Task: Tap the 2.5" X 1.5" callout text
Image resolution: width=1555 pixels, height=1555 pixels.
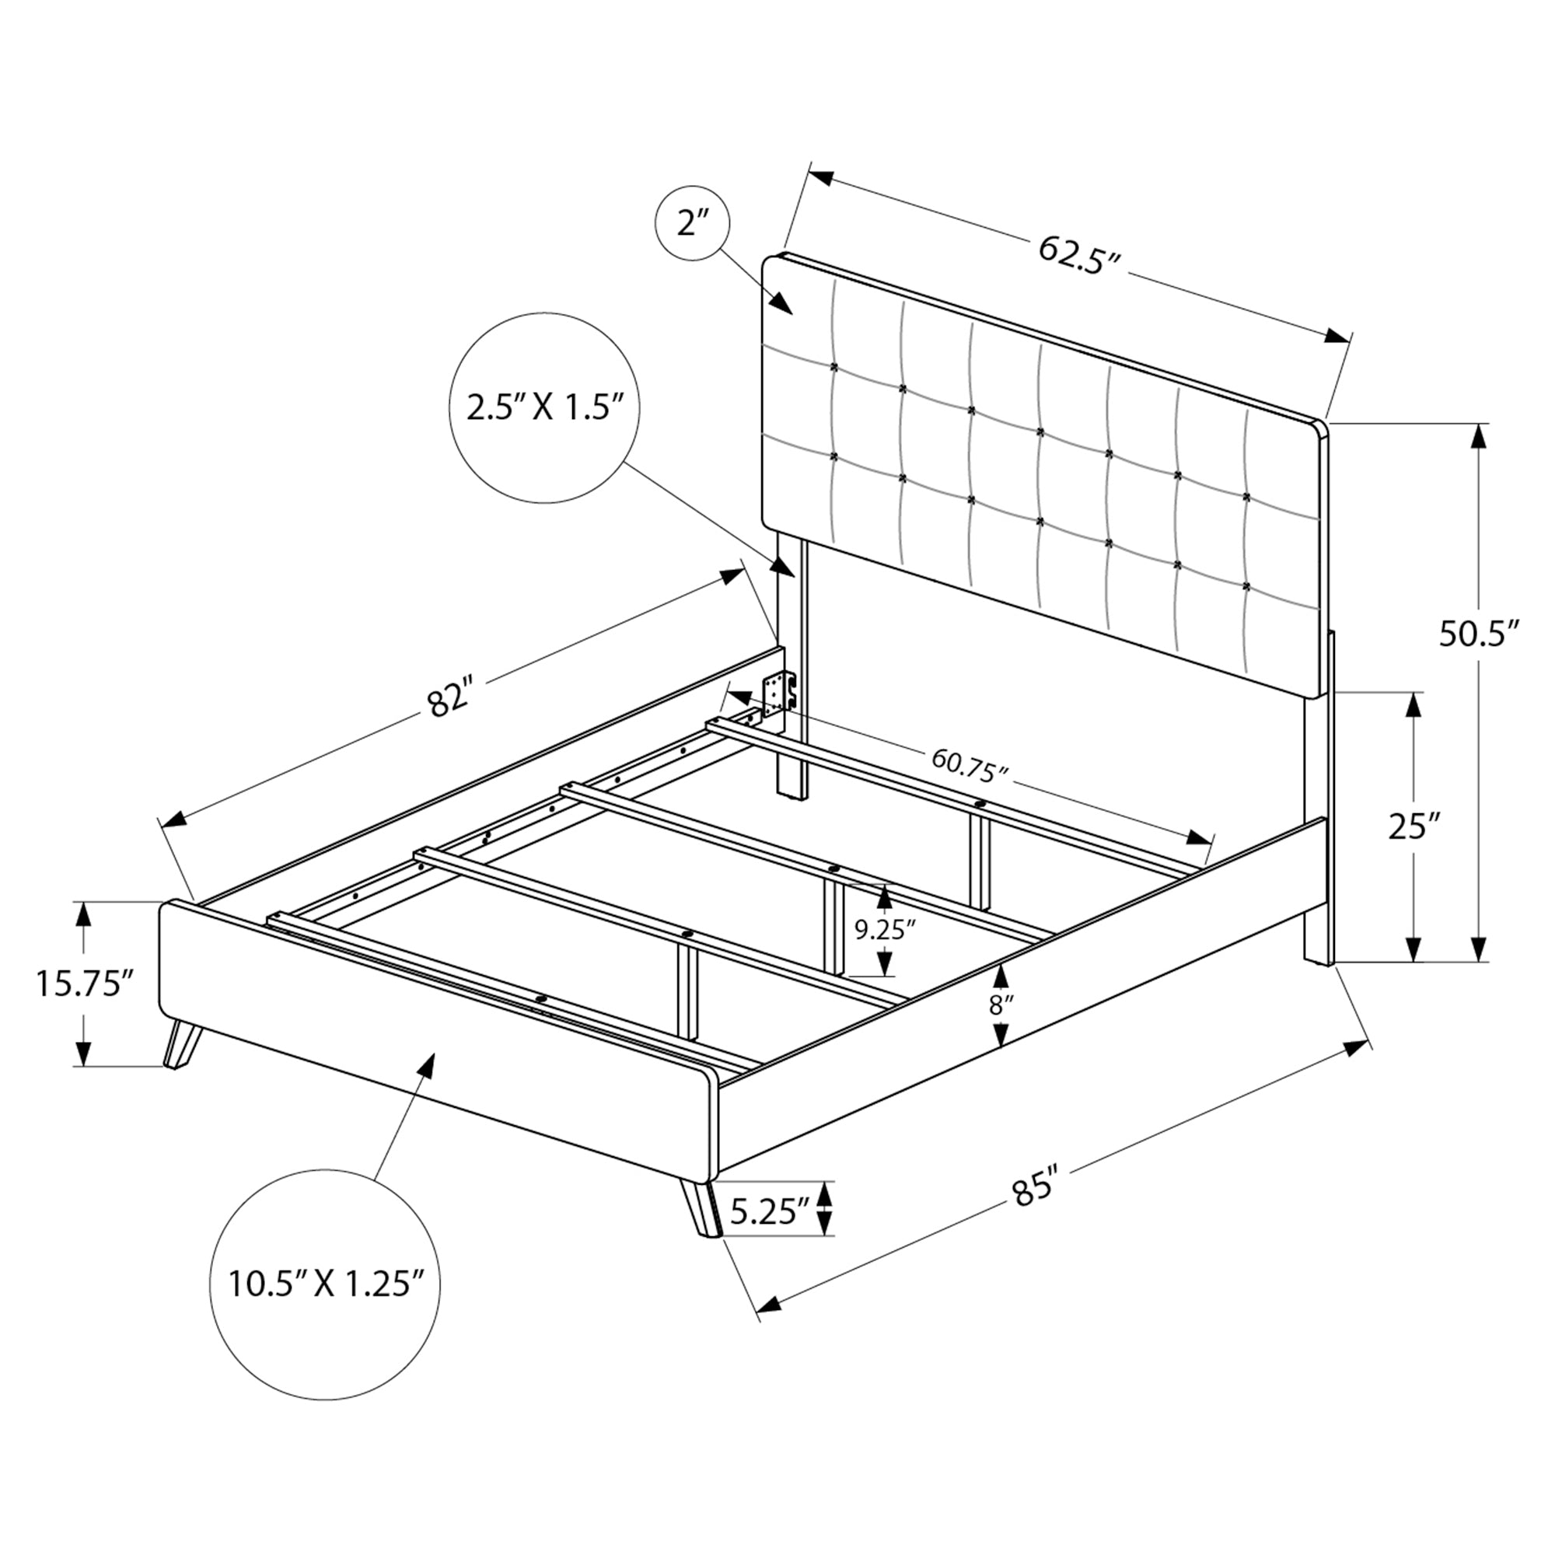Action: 546,408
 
